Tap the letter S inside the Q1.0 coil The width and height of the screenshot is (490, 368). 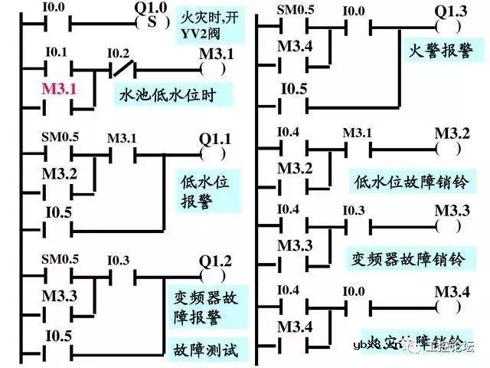click(152, 22)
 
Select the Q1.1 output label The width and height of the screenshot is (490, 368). click(215, 139)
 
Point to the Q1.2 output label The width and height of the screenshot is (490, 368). click(214, 260)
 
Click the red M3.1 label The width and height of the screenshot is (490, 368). click(59, 89)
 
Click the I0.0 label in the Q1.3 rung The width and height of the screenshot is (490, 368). click(354, 11)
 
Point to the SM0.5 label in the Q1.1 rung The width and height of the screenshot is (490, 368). click(59, 137)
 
